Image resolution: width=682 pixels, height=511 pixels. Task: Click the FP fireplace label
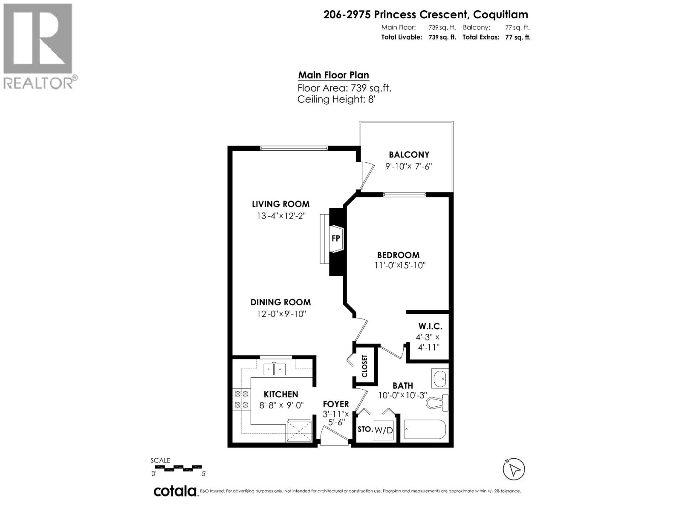[336, 238]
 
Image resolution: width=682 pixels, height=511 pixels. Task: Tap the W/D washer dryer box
[383, 430]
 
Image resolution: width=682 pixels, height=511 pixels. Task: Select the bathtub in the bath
[425, 430]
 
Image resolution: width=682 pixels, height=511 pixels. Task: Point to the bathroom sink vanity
[440, 378]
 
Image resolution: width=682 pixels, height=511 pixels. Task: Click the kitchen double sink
[274, 369]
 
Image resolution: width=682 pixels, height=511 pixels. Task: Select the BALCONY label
[409, 155]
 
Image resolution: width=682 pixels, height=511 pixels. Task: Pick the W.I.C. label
[430, 327]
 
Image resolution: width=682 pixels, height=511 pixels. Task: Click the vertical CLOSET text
[365, 366]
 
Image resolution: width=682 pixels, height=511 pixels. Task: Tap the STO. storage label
[365, 429]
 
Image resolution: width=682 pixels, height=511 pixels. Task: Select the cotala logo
[175, 491]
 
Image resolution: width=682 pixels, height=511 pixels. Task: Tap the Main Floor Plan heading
[333, 75]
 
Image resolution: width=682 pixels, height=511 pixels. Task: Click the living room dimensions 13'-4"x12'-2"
[281, 216]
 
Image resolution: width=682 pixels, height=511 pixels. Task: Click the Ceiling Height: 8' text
[336, 100]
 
